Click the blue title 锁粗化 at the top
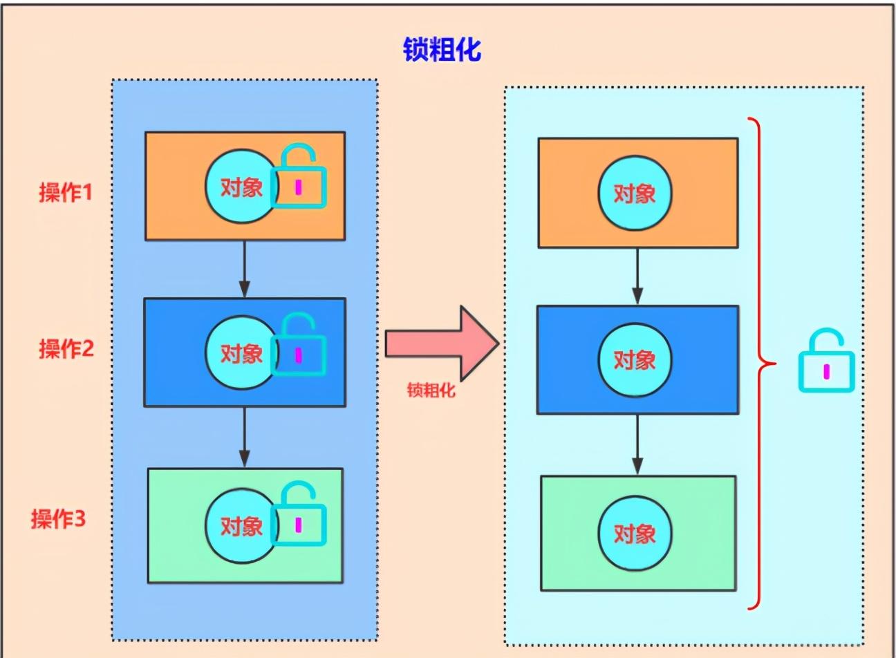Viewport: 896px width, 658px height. tap(442, 50)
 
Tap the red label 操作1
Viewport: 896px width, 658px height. tap(65, 191)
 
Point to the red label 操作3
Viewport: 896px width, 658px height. tap(58, 518)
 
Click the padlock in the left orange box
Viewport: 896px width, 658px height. tap(299, 181)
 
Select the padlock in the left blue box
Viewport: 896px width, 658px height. tap(299, 350)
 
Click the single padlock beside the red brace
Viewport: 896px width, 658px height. tap(826, 365)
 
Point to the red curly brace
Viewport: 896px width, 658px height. tap(760, 363)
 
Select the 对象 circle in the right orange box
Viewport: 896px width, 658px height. tap(634, 193)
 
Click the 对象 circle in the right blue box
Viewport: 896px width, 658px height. tap(634, 359)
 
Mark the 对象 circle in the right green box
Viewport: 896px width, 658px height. tap(634, 533)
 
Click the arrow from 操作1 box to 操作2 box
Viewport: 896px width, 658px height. tap(244, 269)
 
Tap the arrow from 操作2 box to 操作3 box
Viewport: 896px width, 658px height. tap(244, 437)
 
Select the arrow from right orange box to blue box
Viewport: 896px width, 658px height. tap(637, 276)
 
